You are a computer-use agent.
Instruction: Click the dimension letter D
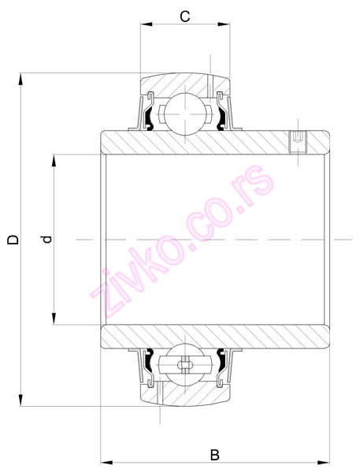12,239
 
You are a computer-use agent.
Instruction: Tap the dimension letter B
214,454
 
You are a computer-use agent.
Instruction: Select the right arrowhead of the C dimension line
227,25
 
